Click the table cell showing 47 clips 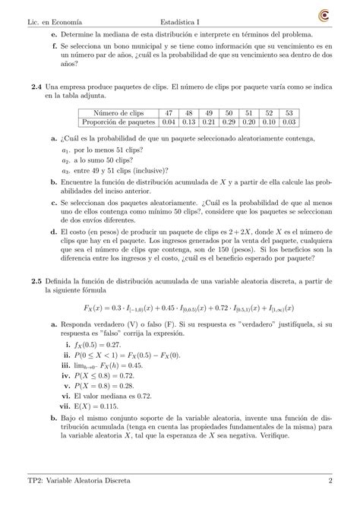point(168,112)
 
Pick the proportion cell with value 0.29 point(228,122)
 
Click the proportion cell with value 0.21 point(208,122)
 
